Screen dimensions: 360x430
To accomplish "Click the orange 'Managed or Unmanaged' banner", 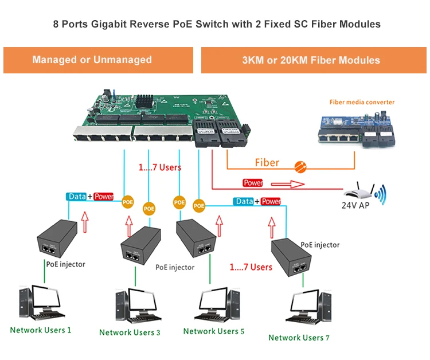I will [x=92, y=60].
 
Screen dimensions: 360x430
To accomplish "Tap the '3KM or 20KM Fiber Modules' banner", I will [x=311, y=60].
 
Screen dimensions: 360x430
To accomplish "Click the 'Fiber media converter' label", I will [x=362, y=102].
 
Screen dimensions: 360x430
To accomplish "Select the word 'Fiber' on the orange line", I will [x=267, y=163].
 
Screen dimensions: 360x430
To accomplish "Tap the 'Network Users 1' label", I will [x=41, y=330].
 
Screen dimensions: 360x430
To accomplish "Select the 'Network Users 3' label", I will [x=130, y=332].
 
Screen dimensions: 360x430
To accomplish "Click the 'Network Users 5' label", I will [x=214, y=331].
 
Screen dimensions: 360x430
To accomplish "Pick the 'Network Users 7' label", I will [x=299, y=338].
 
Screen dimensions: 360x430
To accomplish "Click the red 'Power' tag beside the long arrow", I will [x=253, y=183].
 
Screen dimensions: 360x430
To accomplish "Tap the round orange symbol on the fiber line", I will [x=299, y=167].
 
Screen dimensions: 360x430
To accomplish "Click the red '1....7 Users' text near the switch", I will [x=160, y=168].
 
